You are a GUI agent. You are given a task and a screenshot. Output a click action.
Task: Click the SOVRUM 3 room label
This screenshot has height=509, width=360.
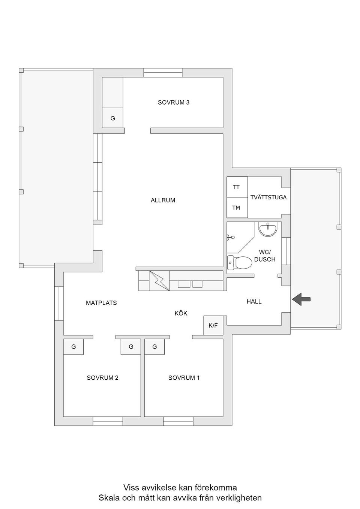click(x=173, y=102)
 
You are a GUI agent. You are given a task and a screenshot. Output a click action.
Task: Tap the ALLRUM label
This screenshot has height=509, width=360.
click(x=163, y=200)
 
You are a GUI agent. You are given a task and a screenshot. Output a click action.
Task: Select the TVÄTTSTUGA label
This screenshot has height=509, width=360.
click(x=268, y=197)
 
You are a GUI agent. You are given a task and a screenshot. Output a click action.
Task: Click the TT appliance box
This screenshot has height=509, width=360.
click(x=237, y=187)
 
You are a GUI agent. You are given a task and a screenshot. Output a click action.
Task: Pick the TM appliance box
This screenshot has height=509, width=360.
click(x=237, y=208)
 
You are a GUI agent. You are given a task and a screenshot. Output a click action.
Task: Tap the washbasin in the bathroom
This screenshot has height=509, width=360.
click(x=268, y=229)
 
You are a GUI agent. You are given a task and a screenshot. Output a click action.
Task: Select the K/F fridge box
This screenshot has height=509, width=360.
click(x=213, y=325)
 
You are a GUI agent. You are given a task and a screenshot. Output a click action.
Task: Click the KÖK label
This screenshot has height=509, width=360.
click(x=181, y=313)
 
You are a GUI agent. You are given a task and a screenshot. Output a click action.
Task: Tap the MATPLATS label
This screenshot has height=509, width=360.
click(x=101, y=303)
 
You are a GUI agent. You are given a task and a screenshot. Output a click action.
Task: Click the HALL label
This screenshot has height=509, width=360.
click(x=254, y=301)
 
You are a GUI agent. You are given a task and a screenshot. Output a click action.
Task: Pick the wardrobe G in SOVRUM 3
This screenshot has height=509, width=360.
click(x=112, y=118)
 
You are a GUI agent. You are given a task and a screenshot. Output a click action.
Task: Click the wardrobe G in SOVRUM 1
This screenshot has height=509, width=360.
click(x=154, y=347)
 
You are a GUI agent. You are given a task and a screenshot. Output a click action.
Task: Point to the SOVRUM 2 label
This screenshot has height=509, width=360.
click(x=102, y=378)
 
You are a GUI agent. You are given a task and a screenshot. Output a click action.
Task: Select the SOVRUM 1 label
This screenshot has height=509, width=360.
click(x=184, y=378)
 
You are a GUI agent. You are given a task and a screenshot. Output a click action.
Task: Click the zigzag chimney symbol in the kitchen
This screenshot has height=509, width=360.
click(x=159, y=281)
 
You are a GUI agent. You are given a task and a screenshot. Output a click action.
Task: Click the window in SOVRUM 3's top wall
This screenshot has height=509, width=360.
click(x=163, y=73)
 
